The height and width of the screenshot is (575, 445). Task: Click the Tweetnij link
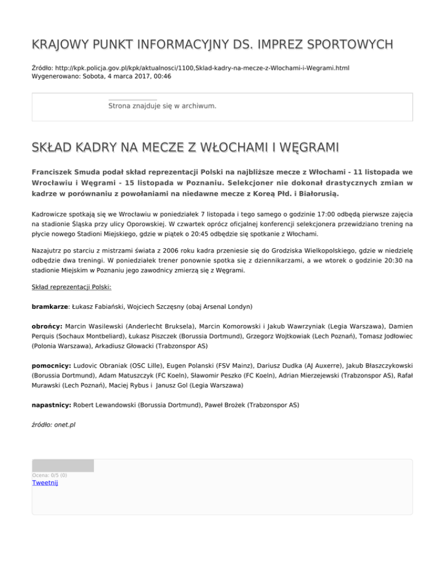coord(45,483)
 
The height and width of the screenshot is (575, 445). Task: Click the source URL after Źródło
coord(202,68)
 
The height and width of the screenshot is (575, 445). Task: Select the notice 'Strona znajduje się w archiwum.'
coord(162,106)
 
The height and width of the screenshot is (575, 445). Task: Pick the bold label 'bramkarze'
coord(50,306)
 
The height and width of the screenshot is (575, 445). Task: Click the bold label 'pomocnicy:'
coord(51,366)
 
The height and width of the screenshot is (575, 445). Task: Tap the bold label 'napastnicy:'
coord(52,406)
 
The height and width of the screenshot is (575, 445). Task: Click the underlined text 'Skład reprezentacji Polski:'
coord(71,286)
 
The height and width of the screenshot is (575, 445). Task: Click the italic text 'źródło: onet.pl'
coord(53,425)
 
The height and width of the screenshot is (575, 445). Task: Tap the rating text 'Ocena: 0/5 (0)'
coord(49,476)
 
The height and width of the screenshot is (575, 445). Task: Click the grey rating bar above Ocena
coord(63,466)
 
